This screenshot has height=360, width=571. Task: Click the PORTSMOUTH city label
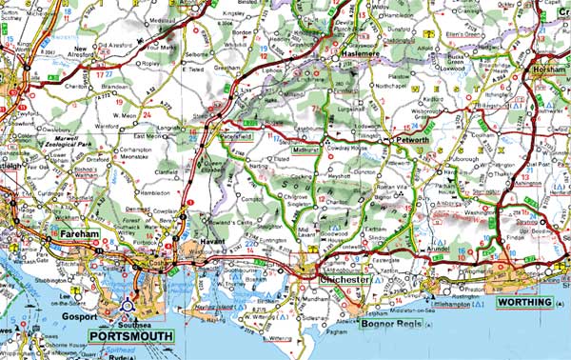pos(130,335)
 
